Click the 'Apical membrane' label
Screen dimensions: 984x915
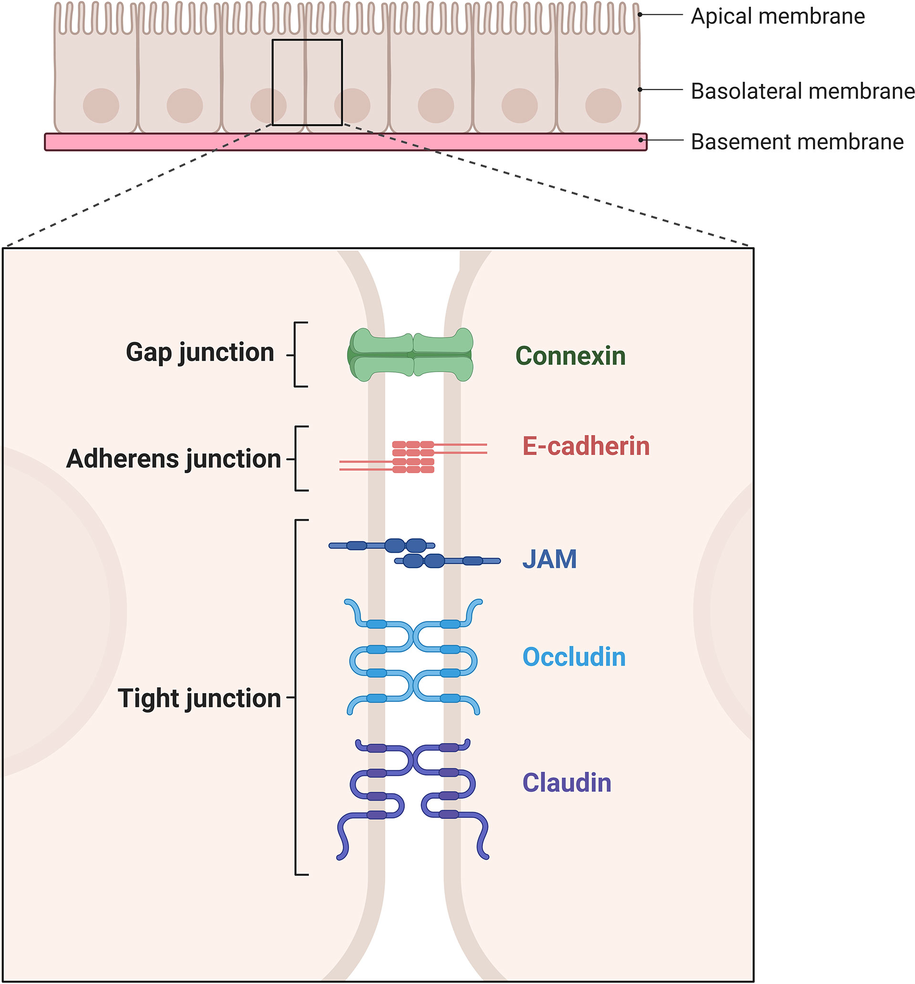pos(777,16)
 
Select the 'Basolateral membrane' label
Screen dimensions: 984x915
pos(802,91)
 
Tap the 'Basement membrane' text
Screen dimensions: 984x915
pos(797,142)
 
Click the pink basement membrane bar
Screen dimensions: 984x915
pos(198,142)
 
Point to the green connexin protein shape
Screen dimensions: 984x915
pos(410,354)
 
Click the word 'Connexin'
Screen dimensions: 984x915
pos(570,356)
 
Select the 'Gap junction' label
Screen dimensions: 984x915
pos(200,352)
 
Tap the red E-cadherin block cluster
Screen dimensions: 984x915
pos(413,456)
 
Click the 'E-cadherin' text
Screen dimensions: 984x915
pos(586,446)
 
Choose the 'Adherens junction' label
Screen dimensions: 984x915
pos(174,458)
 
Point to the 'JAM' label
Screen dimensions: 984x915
pos(549,559)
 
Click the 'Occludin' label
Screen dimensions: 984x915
pos(574,657)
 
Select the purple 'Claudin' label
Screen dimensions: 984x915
pos(566,783)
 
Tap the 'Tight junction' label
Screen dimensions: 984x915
pos(199,698)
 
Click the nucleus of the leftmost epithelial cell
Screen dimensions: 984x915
pos(101,105)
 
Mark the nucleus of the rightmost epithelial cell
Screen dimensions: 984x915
pos(603,105)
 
